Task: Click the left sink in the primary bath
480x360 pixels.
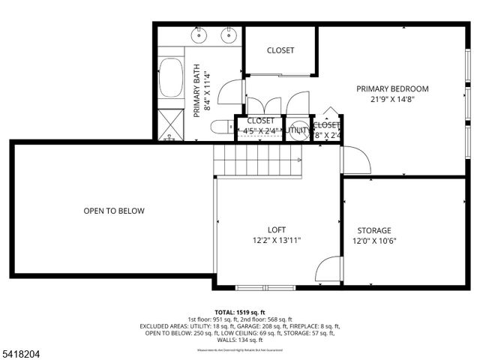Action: (199, 35)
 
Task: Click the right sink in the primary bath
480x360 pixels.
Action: (227, 35)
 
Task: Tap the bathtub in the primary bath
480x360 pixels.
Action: (171, 78)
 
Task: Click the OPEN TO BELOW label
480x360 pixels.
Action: (114, 211)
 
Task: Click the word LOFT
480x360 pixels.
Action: (277, 230)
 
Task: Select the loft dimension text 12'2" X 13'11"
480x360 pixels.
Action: (277, 241)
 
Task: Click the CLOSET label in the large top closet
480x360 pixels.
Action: (280, 50)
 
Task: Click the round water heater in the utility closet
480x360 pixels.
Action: (298, 128)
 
